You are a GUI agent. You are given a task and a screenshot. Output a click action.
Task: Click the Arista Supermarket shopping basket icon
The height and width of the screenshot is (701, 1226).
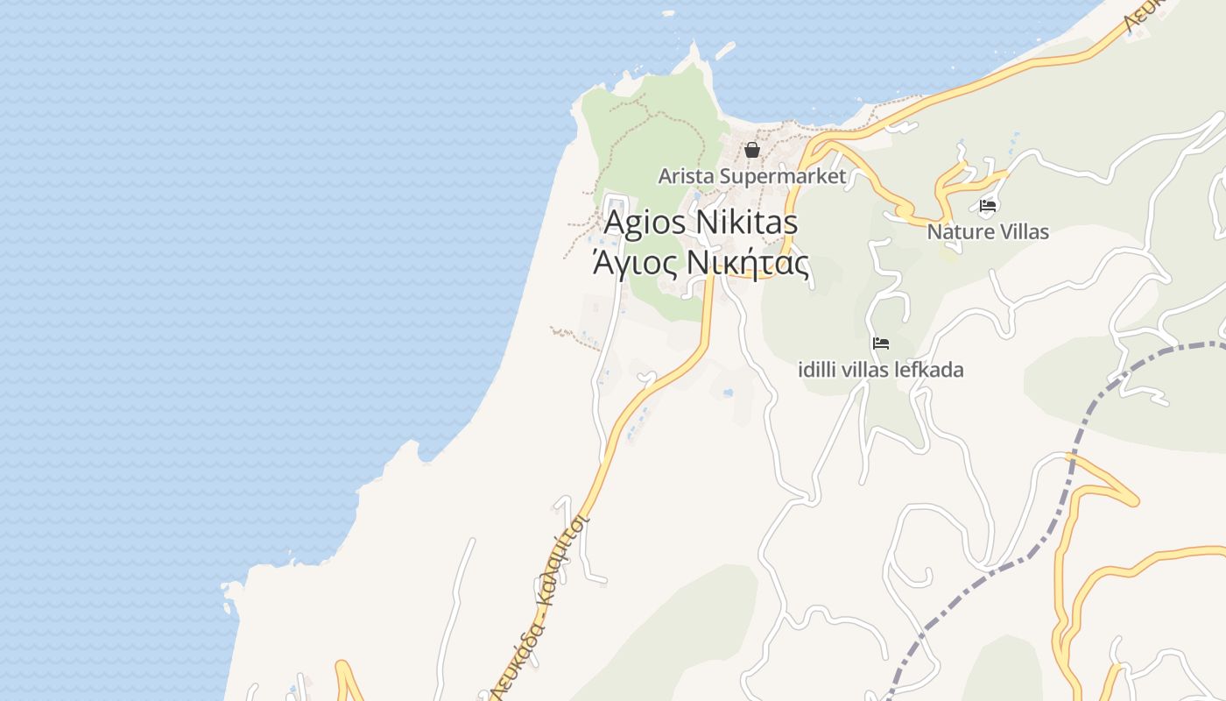click(751, 150)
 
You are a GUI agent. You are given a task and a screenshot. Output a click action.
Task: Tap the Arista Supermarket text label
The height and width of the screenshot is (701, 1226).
click(751, 176)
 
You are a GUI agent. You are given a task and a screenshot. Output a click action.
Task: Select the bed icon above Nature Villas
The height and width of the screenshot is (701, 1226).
click(988, 207)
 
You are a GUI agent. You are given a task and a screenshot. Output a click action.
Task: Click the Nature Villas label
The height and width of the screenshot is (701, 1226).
click(988, 232)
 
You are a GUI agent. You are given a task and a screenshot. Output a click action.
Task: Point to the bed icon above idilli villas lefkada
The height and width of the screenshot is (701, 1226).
click(881, 343)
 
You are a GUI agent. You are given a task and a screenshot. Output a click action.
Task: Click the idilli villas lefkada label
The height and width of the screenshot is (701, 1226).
click(881, 370)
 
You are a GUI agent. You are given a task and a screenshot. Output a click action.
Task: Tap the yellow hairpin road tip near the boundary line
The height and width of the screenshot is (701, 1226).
click(1135, 501)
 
